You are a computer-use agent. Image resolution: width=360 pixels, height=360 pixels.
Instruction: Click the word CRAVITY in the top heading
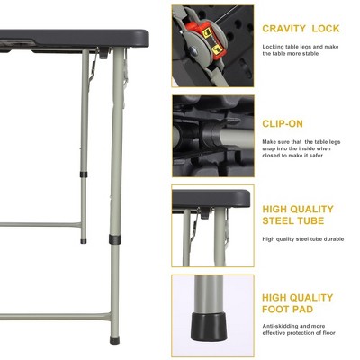point(282,29)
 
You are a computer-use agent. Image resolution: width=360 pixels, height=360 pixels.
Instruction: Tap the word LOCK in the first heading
point(327,29)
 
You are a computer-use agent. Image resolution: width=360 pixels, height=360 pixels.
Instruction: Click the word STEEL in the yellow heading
point(282,221)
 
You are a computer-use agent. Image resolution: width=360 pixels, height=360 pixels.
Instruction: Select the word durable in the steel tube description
point(328,238)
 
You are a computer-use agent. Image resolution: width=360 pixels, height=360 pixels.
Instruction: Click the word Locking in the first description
point(275,46)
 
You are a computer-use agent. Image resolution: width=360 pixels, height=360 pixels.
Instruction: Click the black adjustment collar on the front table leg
point(114,241)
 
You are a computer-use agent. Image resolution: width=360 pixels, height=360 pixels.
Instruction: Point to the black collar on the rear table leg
point(82,174)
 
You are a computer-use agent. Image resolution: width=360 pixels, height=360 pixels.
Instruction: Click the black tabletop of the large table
point(72,39)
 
